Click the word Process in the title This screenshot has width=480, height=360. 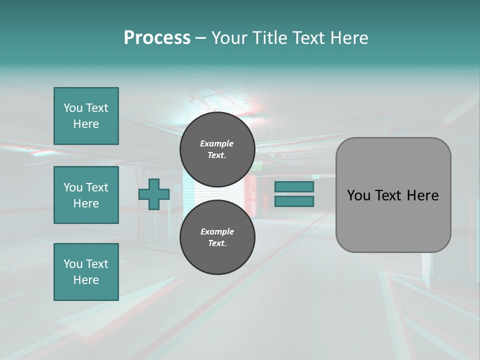click(157, 38)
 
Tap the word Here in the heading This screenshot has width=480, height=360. click(349, 38)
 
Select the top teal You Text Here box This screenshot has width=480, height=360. click(86, 116)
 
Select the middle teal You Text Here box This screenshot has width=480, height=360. click(86, 195)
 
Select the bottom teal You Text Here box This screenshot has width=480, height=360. click(86, 272)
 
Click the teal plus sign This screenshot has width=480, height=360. click(154, 194)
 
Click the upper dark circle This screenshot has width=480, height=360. click(217, 149)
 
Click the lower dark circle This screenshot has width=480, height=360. click(217, 237)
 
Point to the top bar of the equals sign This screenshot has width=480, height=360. click(294, 187)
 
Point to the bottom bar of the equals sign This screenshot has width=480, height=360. click(294, 201)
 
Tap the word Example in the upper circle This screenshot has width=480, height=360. click(216, 143)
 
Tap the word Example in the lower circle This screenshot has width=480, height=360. click(217, 231)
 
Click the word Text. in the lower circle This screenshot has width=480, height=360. click(217, 243)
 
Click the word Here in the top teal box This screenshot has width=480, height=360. click(86, 124)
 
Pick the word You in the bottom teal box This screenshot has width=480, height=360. click(72, 264)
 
